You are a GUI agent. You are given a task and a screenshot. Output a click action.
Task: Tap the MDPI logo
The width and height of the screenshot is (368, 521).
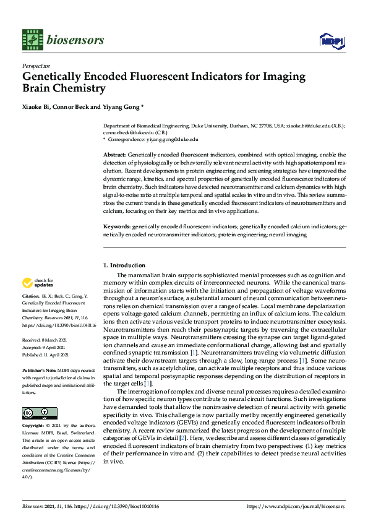[331, 40]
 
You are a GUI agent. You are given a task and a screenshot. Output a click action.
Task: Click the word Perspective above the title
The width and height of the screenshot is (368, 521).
[36, 66]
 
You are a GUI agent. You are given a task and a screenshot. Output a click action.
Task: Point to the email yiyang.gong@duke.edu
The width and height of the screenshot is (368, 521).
[171, 140]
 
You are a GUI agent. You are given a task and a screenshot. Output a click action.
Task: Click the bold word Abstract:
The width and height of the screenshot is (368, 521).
[114, 154]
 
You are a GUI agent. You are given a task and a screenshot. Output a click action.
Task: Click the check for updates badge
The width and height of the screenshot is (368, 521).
[39, 283]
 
